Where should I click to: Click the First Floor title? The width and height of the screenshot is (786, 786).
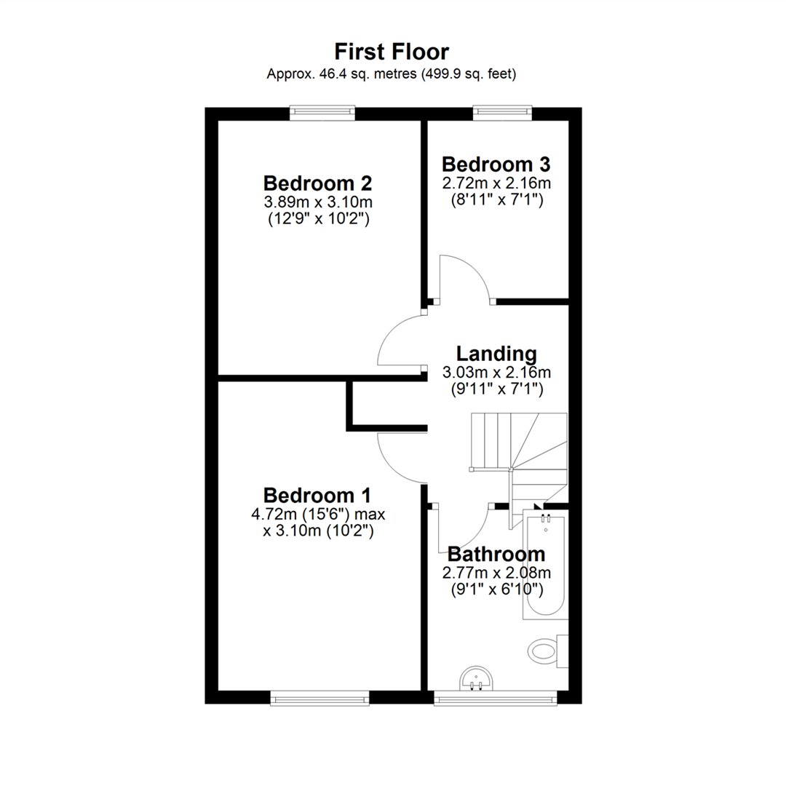(392, 52)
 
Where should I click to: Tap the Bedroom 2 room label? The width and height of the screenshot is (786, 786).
(318, 183)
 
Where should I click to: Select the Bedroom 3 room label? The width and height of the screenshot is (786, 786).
(496, 164)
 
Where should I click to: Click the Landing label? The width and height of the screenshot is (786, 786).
(496, 354)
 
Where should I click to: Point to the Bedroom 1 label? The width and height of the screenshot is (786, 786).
(317, 496)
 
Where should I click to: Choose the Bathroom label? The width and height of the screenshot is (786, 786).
(496, 554)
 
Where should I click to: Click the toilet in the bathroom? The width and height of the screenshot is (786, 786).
(548, 651)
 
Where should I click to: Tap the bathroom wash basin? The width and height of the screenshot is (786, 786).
(476, 678)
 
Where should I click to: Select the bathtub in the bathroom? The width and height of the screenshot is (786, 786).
(545, 565)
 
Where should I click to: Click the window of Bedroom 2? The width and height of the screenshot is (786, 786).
(322, 113)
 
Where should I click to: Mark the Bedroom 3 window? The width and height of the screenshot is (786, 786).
(503, 113)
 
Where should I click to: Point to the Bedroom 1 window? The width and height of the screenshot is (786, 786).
(319, 698)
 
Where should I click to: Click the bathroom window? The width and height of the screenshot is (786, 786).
(496, 698)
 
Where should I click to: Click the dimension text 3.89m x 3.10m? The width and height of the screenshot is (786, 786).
(318, 202)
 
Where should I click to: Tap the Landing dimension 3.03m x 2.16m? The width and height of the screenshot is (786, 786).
(496, 373)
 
